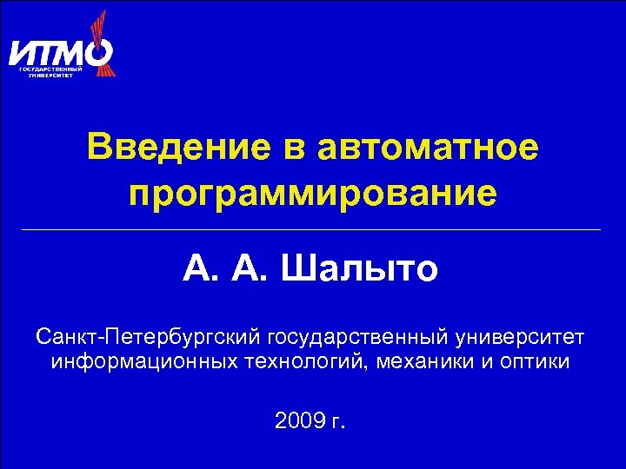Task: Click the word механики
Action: click(x=424, y=361)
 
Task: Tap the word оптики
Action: click(x=536, y=361)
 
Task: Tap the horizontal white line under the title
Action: click(x=313, y=229)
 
